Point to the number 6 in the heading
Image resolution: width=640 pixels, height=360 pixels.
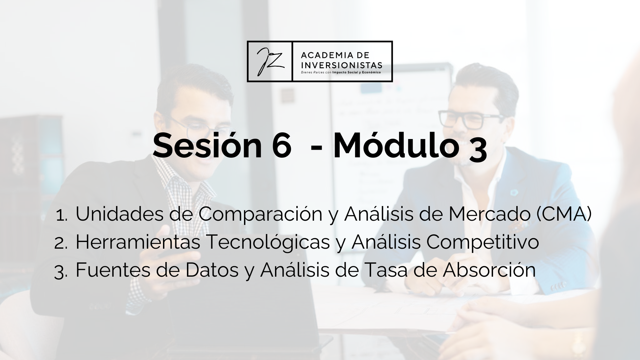[281, 146]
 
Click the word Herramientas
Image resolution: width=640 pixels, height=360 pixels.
[138, 242]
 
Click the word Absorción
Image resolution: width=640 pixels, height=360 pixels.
[489, 270]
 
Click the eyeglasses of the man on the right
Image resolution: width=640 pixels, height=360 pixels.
[471, 119]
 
